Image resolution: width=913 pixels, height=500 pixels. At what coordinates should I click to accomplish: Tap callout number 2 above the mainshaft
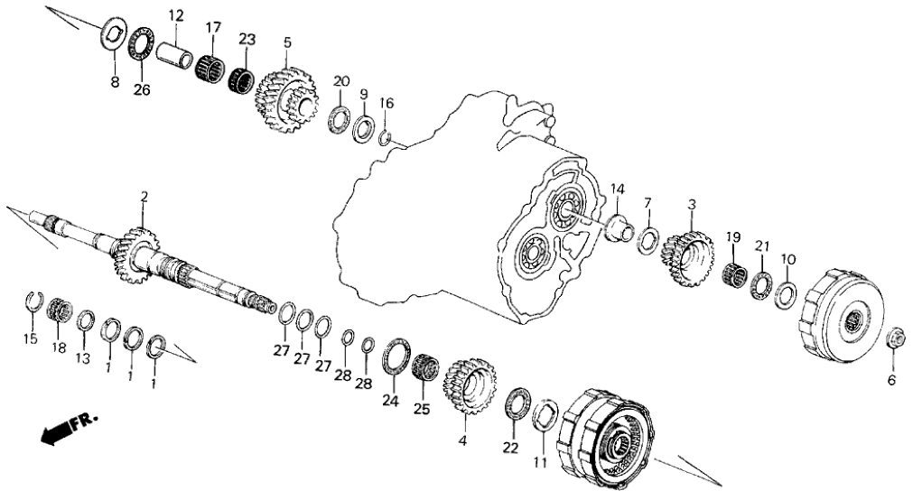coord(143,196)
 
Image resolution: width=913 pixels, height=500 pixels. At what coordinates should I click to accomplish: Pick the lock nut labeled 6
coord(898,338)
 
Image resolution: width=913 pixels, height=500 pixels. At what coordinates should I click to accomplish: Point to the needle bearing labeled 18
coord(60,309)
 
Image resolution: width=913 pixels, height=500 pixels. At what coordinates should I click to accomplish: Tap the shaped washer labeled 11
coord(545,416)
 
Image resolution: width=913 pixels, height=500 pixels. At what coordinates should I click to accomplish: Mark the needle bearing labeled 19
coord(735,273)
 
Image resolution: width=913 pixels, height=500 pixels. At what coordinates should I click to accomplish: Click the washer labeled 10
coord(786,293)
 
